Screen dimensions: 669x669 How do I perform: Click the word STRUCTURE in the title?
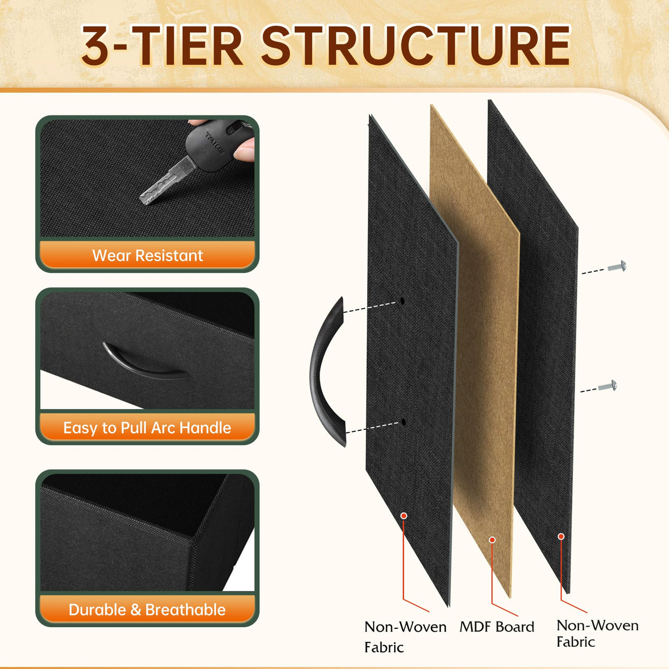416,46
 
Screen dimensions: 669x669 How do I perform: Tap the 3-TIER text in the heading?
162,46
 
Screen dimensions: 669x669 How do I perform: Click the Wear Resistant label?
147,256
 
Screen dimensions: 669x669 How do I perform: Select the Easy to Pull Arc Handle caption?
147,428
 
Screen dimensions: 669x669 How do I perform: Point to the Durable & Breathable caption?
147,610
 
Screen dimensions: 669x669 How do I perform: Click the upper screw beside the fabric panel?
617,266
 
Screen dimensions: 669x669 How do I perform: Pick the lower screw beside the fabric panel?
607,386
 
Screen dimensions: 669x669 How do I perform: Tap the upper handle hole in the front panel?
402,301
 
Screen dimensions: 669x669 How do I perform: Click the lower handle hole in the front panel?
404,423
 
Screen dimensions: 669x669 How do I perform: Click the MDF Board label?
497,627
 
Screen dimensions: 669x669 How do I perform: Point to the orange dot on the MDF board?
492,540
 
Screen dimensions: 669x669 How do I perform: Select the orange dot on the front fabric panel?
404,516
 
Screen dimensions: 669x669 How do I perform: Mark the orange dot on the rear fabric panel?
561,536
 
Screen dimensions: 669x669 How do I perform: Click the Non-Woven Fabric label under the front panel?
405,637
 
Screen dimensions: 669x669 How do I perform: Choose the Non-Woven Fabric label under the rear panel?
598,633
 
